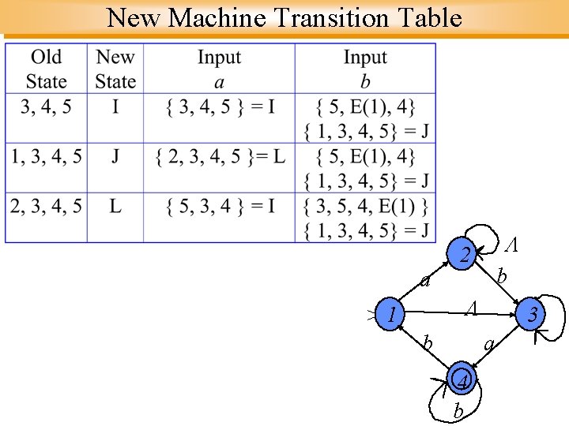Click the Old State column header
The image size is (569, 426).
[46, 69]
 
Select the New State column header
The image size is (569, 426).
[115, 69]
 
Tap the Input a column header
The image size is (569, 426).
[219, 69]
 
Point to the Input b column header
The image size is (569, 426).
[365, 69]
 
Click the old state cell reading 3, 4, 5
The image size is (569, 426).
[46, 106]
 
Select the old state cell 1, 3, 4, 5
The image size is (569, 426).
[46, 156]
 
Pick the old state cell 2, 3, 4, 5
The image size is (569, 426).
[46, 207]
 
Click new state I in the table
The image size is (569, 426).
[115, 106]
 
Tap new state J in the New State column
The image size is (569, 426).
[115, 156]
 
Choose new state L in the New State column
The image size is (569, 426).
[115, 207]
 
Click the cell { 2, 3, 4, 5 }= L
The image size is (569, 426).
[219, 156]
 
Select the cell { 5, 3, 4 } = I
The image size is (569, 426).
[219, 207]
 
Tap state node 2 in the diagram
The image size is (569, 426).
[465, 255]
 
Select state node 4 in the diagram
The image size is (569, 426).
[464, 383]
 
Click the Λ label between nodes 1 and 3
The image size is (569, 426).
[471, 305]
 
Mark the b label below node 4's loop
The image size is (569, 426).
[458, 411]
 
